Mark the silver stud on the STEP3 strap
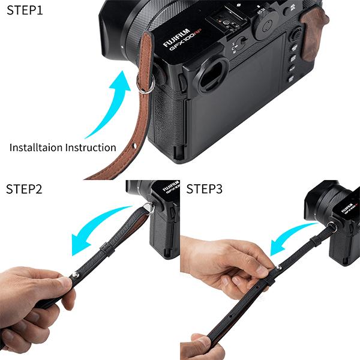click(278, 267)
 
